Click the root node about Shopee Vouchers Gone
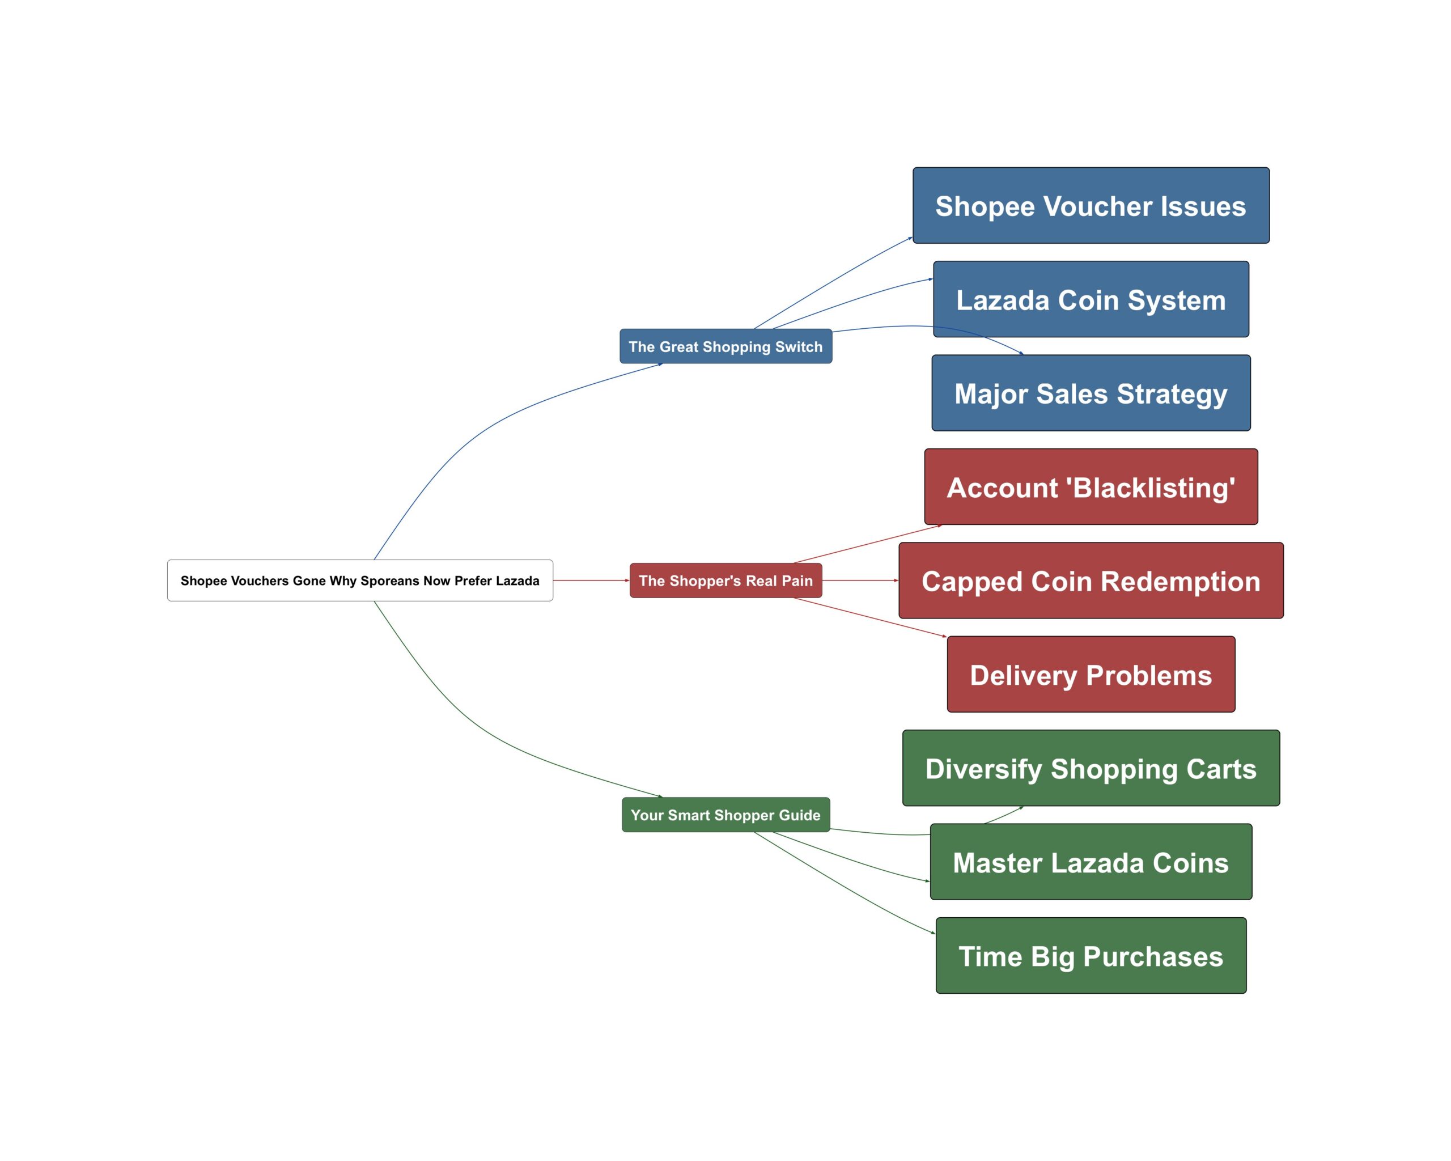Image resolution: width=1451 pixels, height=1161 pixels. [x=359, y=580]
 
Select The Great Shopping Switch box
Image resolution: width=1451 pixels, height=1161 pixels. [x=725, y=346]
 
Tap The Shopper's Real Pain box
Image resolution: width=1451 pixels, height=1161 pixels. [x=725, y=580]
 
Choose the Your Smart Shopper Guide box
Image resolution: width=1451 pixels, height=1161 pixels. [x=725, y=815]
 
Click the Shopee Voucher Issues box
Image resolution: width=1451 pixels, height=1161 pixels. [x=1091, y=205]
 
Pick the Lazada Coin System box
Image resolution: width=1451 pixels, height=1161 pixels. [x=1091, y=299]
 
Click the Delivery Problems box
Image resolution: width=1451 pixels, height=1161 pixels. [x=1091, y=675]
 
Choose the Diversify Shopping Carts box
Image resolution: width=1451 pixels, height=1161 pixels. [x=1091, y=768]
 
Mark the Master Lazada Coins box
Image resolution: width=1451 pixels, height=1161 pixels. [x=1091, y=862]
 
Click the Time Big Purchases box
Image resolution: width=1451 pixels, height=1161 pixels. [x=1091, y=956]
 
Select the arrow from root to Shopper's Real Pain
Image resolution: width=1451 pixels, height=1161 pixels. [x=591, y=580]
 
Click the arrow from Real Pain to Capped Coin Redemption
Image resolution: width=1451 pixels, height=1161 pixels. [x=860, y=580]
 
